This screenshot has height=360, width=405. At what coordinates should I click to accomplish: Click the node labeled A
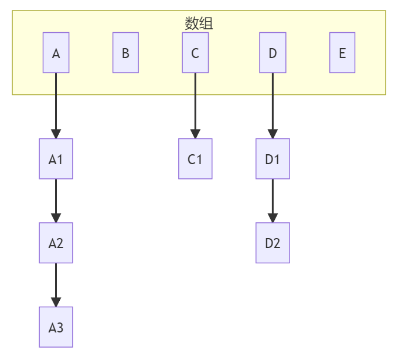56,53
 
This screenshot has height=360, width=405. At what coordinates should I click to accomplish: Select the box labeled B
125,53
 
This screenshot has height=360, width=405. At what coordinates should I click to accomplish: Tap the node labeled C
195,53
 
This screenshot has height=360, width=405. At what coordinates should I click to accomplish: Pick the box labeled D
273,53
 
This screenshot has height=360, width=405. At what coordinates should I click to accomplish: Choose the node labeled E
342,53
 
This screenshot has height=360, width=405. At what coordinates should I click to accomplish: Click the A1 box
56,158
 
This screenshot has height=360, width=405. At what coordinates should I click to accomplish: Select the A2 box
56,243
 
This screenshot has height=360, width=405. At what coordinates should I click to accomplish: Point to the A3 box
56,327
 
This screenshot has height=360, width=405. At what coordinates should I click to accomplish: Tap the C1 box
195,158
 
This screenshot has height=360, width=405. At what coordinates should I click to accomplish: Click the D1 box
273,158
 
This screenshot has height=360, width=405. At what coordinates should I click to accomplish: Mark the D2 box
273,243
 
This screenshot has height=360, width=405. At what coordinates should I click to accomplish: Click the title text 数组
199,23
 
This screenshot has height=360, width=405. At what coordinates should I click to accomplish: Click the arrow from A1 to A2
56,199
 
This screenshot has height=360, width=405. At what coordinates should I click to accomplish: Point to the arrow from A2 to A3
56,284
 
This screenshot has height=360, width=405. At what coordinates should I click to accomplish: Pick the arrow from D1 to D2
273,199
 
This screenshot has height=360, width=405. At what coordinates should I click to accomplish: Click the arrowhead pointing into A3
56,302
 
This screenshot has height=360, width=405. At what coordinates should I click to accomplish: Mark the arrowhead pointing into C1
195,134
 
